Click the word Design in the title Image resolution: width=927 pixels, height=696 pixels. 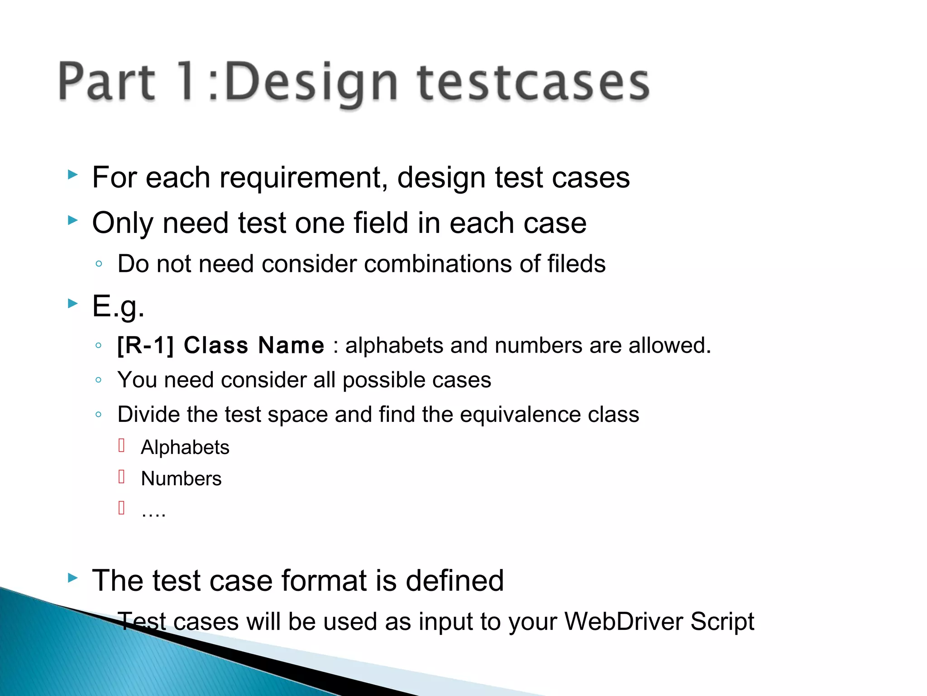point(311,82)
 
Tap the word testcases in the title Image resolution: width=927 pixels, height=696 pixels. point(533,82)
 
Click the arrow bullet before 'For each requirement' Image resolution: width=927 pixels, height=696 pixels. point(72,174)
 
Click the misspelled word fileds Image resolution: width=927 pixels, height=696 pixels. point(576,264)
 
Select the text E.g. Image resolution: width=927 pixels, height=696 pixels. point(118,307)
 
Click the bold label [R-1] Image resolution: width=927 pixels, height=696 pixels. point(145,345)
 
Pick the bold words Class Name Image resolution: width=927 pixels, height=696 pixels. point(254,345)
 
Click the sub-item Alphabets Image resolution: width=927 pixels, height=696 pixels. point(185,448)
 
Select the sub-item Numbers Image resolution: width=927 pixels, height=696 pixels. point(181,479)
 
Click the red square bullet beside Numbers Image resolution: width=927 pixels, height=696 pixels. point(121,477)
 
